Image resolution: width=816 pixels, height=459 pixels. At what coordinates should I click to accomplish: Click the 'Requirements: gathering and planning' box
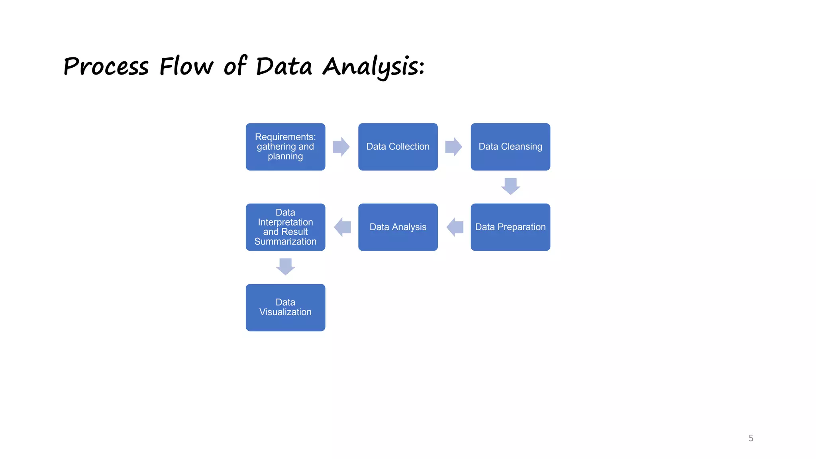[285, 147]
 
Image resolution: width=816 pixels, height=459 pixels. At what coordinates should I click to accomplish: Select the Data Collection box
[398, 147]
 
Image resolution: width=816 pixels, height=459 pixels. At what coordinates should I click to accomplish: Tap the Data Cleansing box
[510, 147]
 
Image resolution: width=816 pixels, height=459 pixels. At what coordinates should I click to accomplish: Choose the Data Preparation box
[510, 227]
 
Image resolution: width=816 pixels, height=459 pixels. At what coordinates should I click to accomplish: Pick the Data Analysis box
[398, 227]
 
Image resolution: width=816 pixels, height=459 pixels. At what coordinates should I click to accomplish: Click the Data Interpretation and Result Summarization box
[285, 227]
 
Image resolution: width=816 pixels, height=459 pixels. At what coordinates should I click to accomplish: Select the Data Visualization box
[285, 307]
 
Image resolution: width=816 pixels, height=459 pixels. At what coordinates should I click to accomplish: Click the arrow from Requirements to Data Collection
[341, 147]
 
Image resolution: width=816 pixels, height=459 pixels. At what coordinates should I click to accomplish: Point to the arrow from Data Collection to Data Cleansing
[453, 147]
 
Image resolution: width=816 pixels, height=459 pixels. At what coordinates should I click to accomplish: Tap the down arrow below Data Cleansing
[510, 186]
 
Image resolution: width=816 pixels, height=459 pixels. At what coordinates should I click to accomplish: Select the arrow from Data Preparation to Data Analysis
[455, 227]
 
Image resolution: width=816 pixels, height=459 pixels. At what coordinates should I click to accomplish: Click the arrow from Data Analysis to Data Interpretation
[342, 227]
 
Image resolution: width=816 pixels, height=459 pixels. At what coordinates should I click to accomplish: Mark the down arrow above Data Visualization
[285, 267]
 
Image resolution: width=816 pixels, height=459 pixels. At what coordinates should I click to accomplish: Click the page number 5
[751, 438]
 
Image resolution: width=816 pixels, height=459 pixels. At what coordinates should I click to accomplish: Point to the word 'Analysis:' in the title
[373, 67]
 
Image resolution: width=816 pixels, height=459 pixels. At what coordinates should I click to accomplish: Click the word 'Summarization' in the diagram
[285, 241]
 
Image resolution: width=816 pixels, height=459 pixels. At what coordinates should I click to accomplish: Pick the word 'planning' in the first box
[285, 157]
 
